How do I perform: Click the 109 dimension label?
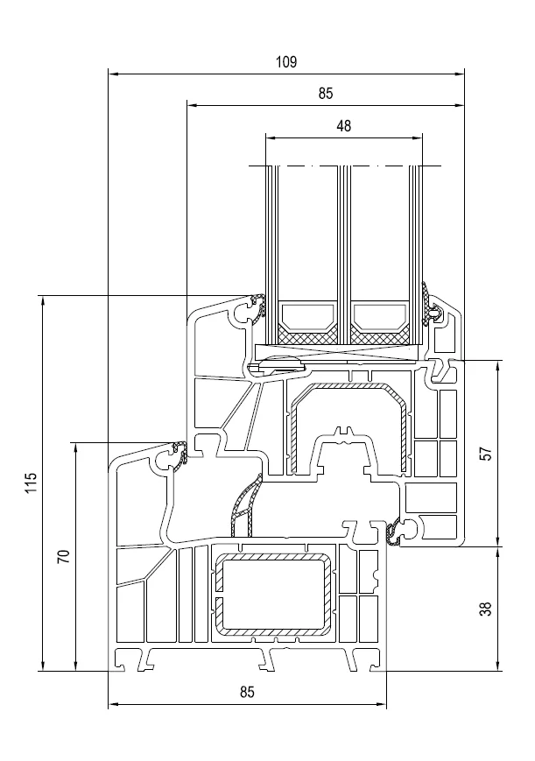coord(286,62)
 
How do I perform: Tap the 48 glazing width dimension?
coord(343,126)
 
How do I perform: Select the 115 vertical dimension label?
coord(31,483)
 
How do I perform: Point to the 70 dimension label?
coord(64,556)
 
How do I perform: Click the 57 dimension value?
coord(487,454)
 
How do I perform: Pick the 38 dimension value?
coord(487,609)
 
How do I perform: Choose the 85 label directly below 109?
coord(326,93)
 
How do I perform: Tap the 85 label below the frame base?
coord(247,692)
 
